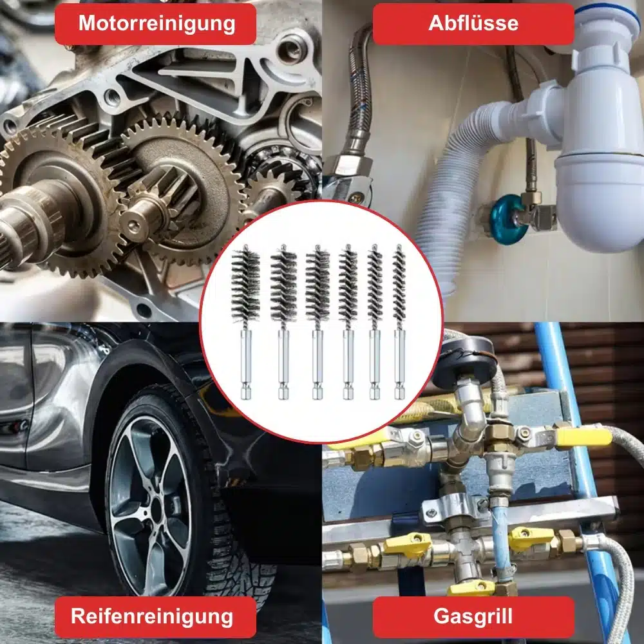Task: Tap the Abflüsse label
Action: click(473, 24)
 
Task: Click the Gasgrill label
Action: click(473, 616)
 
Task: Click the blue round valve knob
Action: click(509, 220)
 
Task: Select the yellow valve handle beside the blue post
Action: click(583, 437)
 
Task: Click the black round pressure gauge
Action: click(464, 362)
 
